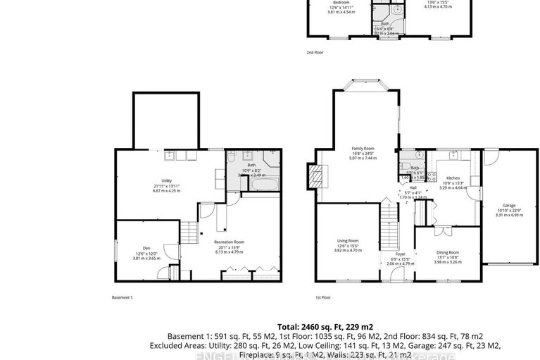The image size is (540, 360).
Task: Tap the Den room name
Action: [x=146, y=248]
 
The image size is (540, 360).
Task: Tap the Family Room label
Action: [x=363, y=148]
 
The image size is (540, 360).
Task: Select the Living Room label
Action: [x=347, y=241]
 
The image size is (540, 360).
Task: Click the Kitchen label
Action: [x=453, y=178]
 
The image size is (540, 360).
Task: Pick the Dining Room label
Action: [x=448, y=252]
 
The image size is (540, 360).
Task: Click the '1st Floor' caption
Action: [x=322, y=297]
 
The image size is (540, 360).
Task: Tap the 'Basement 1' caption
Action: [x=123, y=297]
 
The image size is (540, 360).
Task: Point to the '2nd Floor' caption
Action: [x=314, y=52]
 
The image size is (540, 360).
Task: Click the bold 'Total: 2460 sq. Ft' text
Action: [x=307, y=327]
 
